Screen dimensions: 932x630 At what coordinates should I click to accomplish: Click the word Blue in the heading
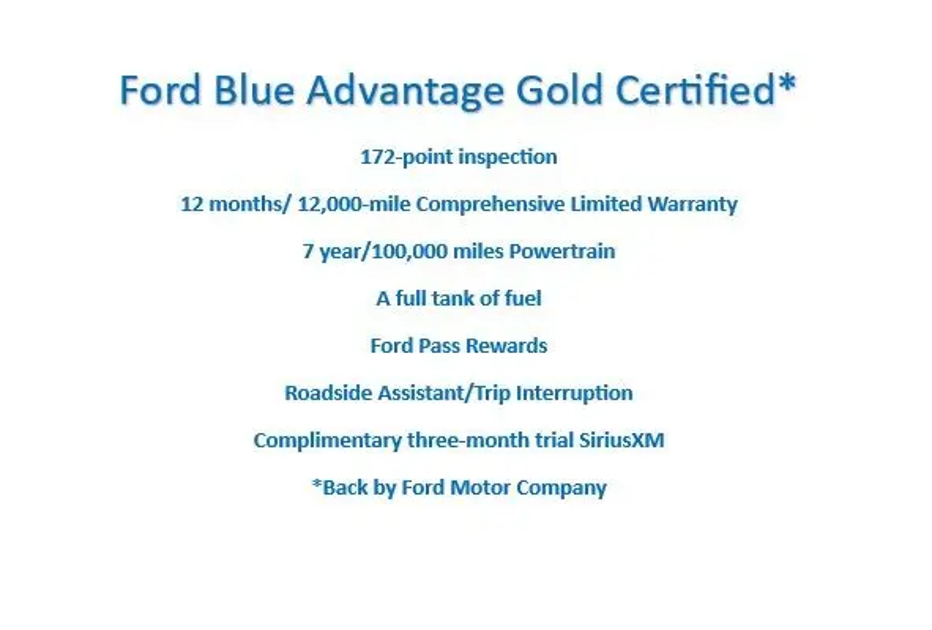pyautogui.click(x=254, y=90)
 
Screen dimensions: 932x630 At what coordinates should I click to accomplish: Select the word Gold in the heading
pyautogui.click(x=559, y=90)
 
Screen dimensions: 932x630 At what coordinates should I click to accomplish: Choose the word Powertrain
pyautogui.click(x=562, y=251)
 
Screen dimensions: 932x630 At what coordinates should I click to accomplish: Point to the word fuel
pyautogui.click(x=523, y=299)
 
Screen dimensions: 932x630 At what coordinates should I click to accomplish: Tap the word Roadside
pyautogui.click(x=328, y=393)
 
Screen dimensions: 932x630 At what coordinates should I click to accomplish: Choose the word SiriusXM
pyautogui.click(x=622, y=440)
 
